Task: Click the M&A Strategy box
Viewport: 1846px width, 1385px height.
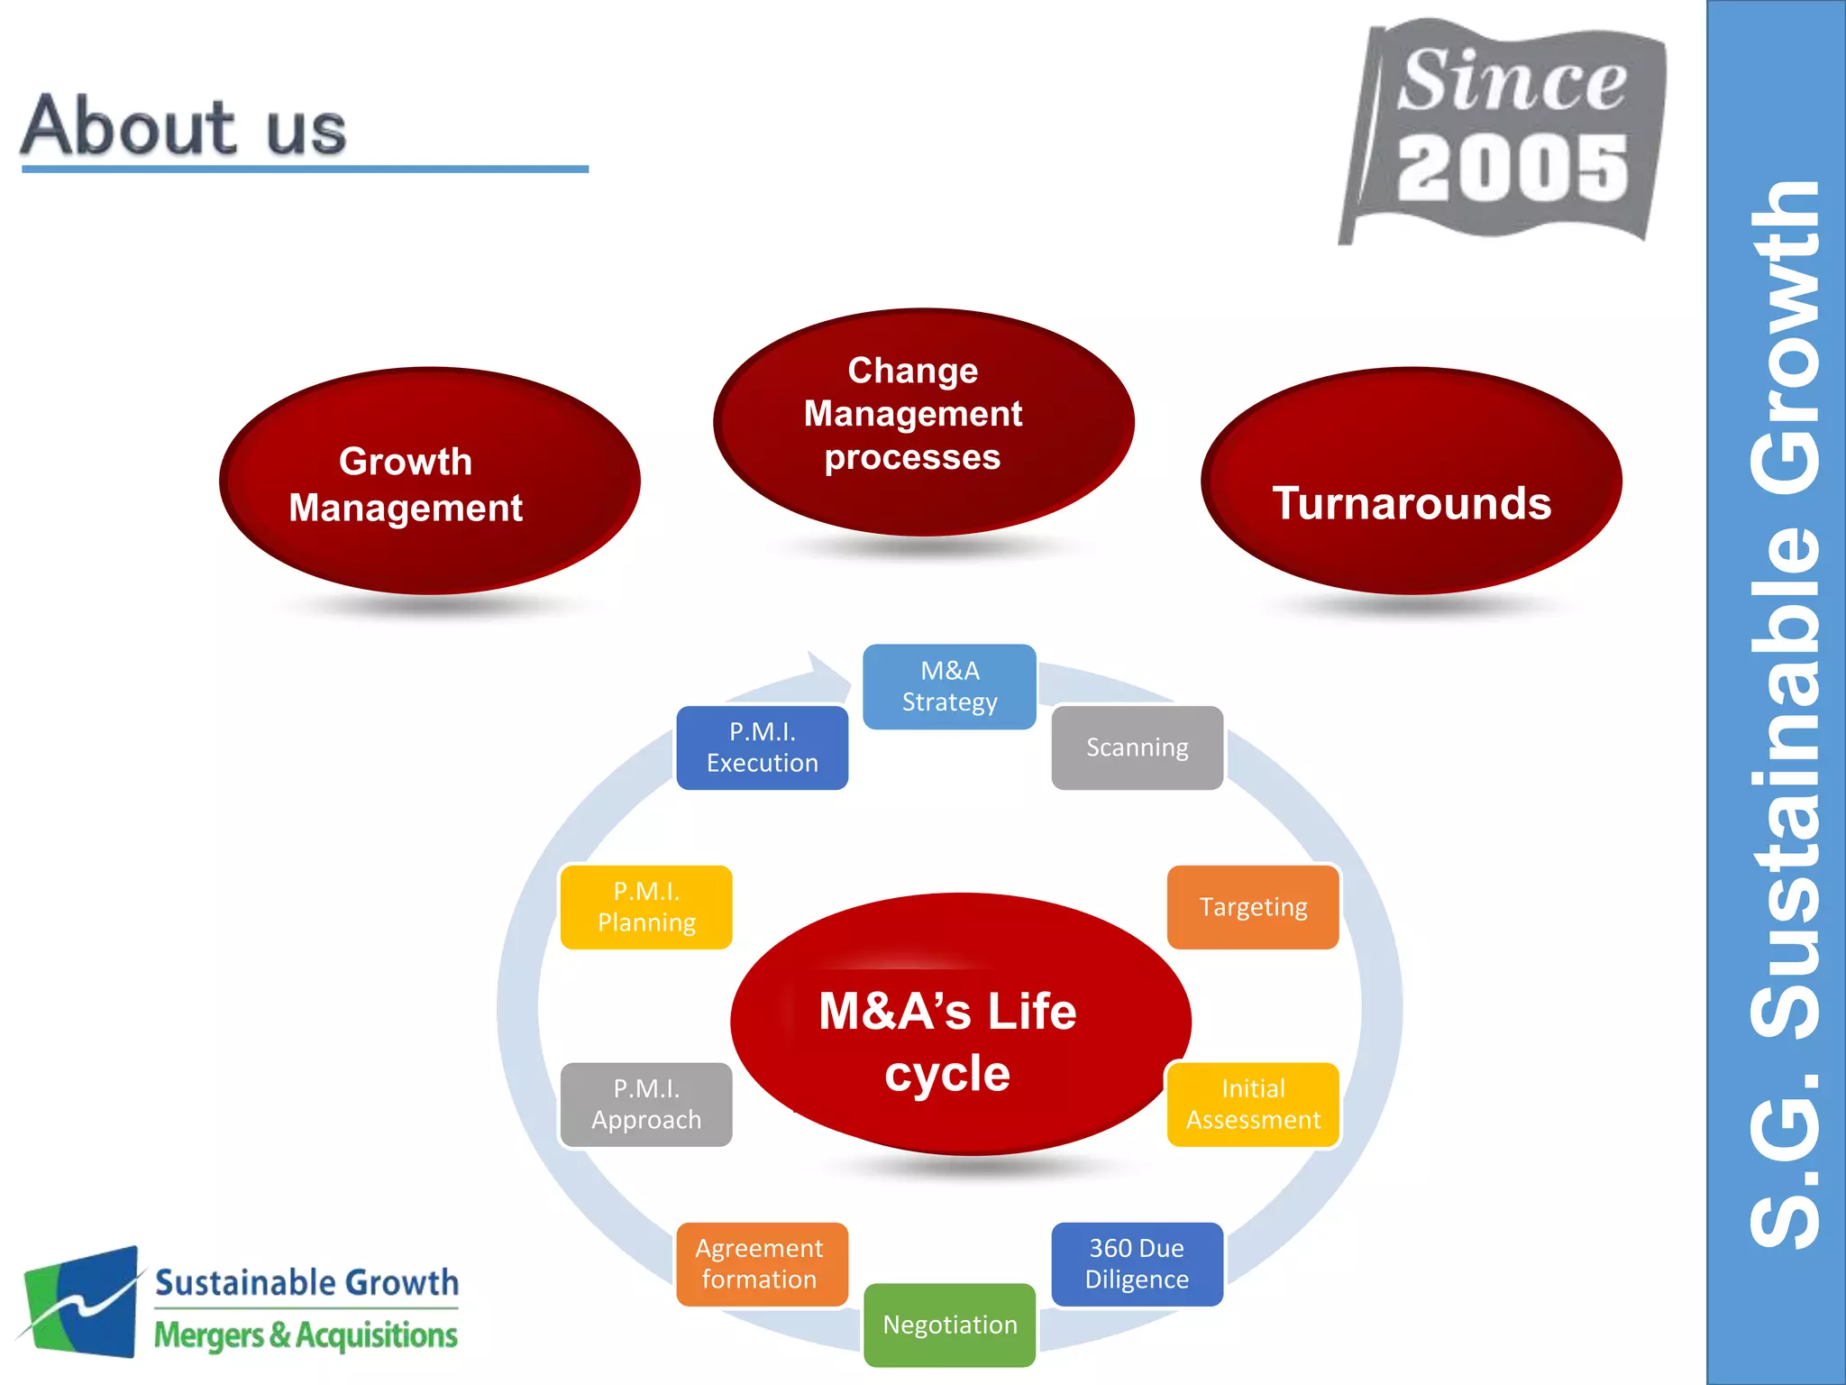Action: [949, 686]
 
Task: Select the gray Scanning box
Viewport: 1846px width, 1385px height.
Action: [1137, 748]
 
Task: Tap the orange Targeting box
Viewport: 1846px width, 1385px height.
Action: [1252, 906]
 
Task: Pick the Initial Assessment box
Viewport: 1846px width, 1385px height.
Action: [1252, 1104]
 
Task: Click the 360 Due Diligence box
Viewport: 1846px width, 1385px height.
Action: [1137, 1263]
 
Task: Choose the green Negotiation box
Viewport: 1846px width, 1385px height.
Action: [949, 1325]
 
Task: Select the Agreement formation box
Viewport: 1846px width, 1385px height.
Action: [761, 1263]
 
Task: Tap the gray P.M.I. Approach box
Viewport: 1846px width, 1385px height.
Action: [645, 1104]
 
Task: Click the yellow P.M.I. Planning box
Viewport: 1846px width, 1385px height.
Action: [645, 906]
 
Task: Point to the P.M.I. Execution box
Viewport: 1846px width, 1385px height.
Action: [762, 748]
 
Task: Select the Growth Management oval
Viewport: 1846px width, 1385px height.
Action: [429, 482]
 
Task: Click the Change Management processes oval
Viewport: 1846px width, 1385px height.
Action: [923, 421]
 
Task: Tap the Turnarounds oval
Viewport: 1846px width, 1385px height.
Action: [1411, 482]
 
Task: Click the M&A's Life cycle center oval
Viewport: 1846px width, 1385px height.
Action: [960, 1023]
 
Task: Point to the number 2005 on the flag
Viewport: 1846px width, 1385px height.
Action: [1512, 169]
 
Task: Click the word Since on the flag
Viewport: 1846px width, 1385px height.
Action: [1512, 81]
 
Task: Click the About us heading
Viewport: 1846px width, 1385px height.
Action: [184, 126]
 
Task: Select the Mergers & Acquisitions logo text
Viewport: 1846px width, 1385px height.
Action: [306, 1335]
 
